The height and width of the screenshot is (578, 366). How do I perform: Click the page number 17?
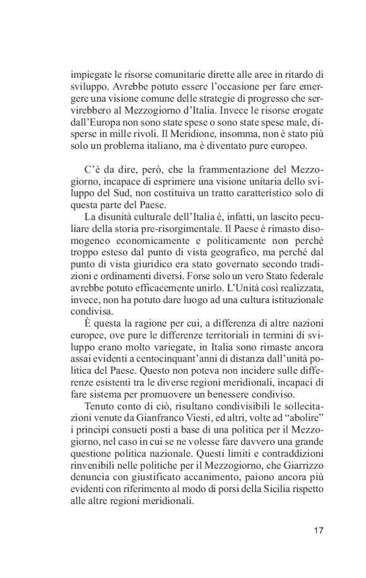(318, 530)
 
